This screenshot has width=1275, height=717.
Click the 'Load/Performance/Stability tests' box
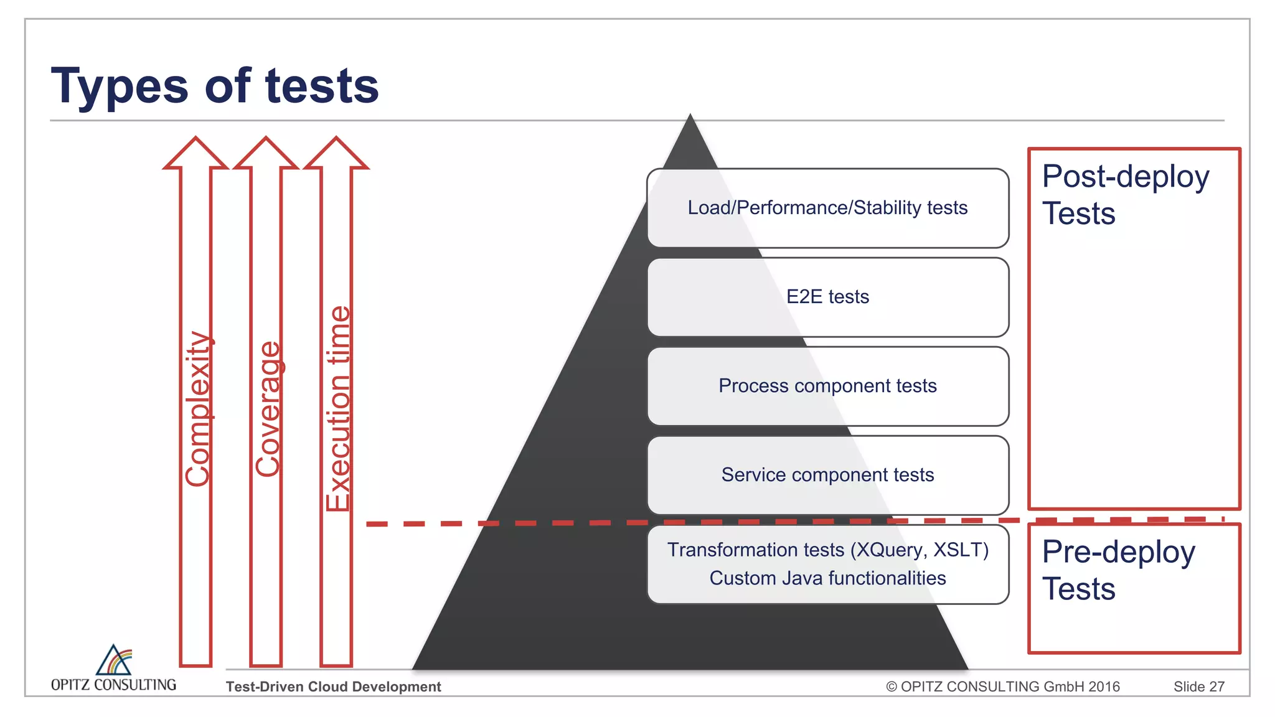827,208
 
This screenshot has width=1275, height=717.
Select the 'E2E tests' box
827,297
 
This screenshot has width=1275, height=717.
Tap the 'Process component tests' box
827,386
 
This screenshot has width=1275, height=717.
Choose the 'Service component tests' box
827,475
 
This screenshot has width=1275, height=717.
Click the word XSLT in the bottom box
959,550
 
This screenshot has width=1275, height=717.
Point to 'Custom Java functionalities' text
827,578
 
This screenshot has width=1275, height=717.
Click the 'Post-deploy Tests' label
1125,195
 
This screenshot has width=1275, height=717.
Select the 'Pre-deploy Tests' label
1118,570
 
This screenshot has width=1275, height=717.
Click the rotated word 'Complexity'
198,409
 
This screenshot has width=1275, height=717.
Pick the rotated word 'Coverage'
268,409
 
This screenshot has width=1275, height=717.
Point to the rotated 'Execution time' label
339,409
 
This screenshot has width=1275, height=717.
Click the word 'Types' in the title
119,86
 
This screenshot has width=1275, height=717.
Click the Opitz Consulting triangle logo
114,660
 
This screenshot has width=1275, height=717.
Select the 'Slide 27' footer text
1198,687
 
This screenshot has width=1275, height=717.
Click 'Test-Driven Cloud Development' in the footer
333,687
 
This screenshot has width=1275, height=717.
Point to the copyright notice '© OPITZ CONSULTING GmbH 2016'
1002,687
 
